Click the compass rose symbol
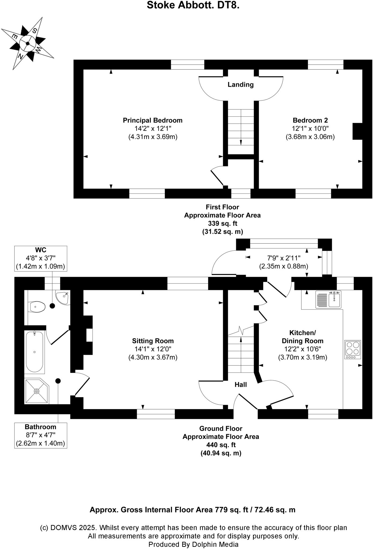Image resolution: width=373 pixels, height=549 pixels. coord(28,43)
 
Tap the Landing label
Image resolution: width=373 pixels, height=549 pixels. coord(241,85)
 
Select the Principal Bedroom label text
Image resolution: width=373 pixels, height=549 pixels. coord(153,120)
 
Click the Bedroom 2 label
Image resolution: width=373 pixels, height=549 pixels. coord(310,120)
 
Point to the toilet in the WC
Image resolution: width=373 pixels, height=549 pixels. coord(37,307)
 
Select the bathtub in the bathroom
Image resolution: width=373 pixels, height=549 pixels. coord(34,351)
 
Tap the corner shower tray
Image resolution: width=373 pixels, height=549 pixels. coord(36,391)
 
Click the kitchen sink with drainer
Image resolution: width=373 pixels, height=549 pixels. coord(328,299)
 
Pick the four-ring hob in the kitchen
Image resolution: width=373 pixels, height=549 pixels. coord(353,350)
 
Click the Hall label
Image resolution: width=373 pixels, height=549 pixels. coord(241,385)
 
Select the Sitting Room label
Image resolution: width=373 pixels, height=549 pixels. coord(153,341)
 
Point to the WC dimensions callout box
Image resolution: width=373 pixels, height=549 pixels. coord(40,258)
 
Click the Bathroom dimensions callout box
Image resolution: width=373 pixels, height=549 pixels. coord(40,435)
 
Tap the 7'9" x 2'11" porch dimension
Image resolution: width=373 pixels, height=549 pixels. coord(284,258)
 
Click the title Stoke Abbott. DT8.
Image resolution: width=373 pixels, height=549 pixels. coord(193,5)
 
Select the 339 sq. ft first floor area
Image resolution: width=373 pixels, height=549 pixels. coord(222,223)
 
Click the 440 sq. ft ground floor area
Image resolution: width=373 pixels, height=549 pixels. coord(221,445)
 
